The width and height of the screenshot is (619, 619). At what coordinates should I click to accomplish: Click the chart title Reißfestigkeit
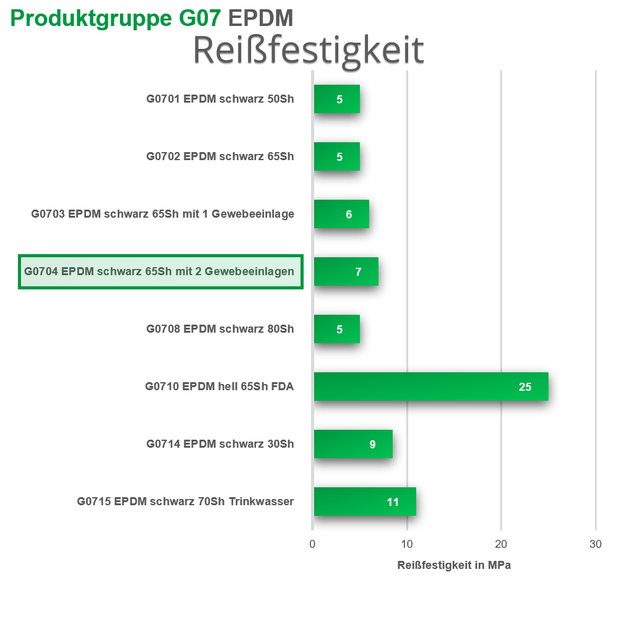tap(308, 50)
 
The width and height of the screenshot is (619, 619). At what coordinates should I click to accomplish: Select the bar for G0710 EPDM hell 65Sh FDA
tap(430, 386)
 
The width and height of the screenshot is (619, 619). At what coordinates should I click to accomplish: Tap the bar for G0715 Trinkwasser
tap(364, 502)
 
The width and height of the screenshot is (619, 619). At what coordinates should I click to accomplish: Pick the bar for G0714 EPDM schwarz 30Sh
tap(352, 444)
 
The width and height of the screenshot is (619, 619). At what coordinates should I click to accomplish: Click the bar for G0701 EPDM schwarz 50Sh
tap(336, 99)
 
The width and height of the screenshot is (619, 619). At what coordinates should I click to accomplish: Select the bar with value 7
tap(346, 271)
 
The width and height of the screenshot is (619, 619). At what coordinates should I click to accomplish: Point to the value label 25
tap(525, 387)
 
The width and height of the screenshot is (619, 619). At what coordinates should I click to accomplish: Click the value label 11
tap(393, 502)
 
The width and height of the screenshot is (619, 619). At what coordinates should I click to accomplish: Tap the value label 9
tap(372, 444)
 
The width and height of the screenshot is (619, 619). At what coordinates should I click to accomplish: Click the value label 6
tap(349, 215)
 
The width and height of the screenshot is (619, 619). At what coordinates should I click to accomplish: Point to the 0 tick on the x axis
tap(312, 544)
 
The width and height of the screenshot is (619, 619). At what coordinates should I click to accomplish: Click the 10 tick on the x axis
tap(407, 544)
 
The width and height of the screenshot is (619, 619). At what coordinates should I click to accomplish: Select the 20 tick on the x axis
tap(502, 544)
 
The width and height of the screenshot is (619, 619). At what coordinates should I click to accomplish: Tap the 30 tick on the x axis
tap(595, 544)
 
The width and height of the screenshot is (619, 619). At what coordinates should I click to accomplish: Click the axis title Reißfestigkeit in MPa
tap(454, 565)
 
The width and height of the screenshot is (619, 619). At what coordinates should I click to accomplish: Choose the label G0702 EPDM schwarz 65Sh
tap(220, 156)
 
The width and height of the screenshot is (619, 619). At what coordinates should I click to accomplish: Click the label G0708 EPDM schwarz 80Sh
tap(220, 329)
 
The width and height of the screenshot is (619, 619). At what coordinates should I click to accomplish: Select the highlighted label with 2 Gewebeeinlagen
tap(160, 271)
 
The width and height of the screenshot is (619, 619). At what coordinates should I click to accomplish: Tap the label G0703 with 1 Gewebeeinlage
tap(163, 214)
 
